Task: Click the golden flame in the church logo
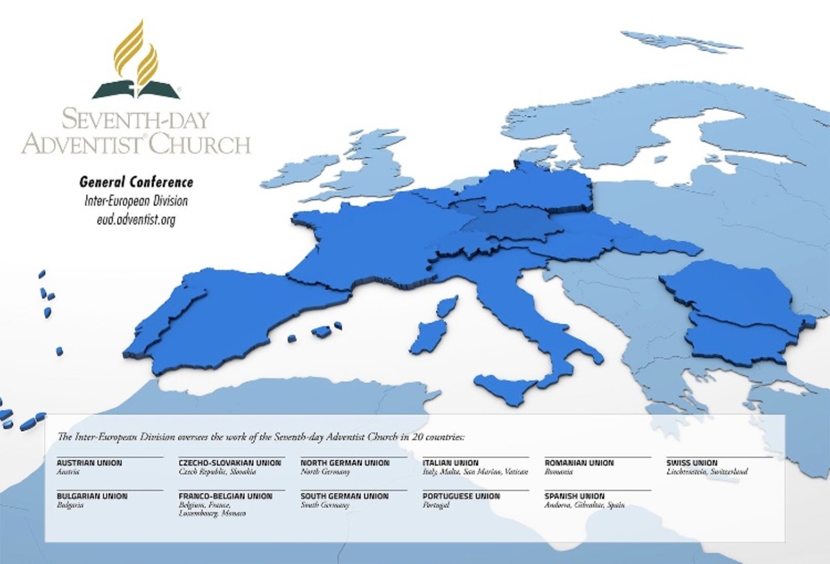(x=136, y=52)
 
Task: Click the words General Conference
(x=136, y=182)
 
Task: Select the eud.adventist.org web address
(x=136, y=220)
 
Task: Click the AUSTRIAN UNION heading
(x=89, y=463)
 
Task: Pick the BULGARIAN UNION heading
(x=92, y=496)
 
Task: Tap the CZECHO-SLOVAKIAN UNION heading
(x=230, y=463)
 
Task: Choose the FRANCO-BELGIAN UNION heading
(x=225, y=496)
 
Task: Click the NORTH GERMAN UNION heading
(x=345, y=463)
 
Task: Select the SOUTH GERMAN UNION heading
(x=344, y=496)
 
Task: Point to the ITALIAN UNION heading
(x=451, y=463)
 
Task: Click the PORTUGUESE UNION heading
(x=461, y=496)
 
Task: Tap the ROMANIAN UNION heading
(x=579, y=463)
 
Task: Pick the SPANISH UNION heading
(x=574, y=496)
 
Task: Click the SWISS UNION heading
(x=692, y=463)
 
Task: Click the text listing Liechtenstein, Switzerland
(x=707, y=472)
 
